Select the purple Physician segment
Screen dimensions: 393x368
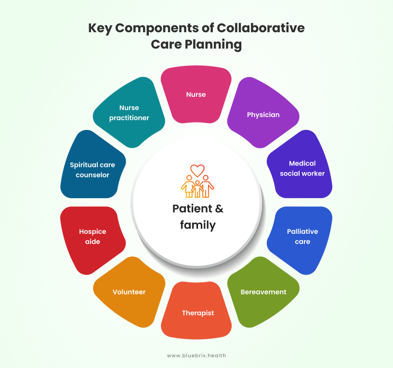point(263,113)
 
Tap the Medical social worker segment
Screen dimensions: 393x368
point(301,166)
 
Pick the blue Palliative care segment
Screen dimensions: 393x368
point(301,238)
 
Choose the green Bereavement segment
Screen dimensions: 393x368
point(263,292)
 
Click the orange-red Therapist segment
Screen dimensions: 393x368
point(196,312)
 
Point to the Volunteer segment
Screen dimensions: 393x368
point(129,292)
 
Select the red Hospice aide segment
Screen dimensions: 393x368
point(92,238)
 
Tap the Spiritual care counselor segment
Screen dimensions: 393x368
point(92,166)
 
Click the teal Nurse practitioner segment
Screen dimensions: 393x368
point(129,113)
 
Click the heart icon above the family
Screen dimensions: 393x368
point(197,170)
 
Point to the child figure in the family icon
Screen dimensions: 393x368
point(197,189)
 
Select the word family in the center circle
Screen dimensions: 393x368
point(198,225)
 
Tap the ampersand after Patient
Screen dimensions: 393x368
point(219,209)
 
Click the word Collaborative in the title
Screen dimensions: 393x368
point(261,28)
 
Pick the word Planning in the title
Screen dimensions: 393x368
point(213,45)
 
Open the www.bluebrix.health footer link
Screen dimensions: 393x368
point(196,355)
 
